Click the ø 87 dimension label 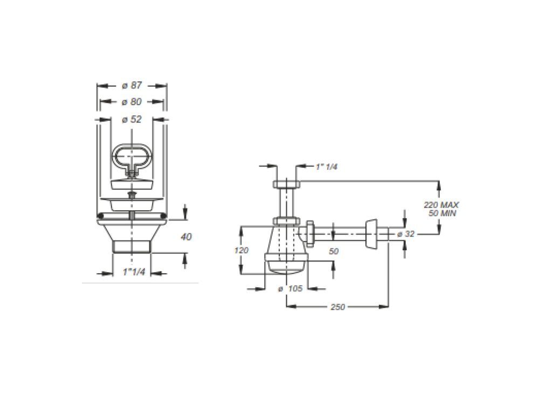[132, 86]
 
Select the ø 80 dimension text [132, 102]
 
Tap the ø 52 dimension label [132, 120]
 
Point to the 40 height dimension [186, 237]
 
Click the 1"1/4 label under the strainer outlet [134, 272]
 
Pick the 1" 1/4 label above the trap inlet [326, 167]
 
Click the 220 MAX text [441, 205]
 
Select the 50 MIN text [442, 213]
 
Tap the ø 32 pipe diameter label [406, 234]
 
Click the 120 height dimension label [241, 250]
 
